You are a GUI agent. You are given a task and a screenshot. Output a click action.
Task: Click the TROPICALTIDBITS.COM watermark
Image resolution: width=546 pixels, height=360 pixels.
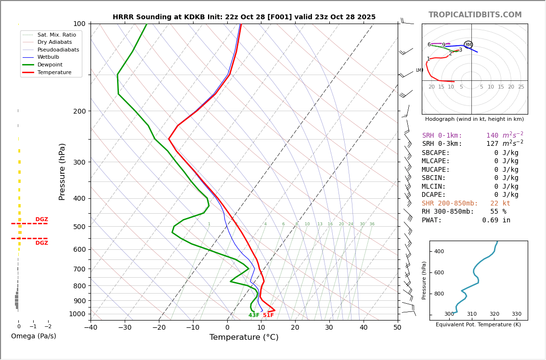point(475,15)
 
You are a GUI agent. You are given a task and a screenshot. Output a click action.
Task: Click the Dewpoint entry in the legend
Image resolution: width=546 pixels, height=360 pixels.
point(50,64)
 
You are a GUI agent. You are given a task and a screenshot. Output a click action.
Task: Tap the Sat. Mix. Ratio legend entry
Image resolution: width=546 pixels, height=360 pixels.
point(56,35)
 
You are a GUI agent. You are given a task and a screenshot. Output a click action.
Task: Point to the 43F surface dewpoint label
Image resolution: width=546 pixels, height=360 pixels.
point(254,315)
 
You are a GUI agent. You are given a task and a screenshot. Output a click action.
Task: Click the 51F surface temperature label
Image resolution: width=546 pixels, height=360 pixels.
point(268,315)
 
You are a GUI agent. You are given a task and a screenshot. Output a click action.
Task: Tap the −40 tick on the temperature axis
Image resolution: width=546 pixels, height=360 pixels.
point(91,328)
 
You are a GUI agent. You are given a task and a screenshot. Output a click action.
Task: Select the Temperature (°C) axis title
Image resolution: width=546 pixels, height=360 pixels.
point(244,337)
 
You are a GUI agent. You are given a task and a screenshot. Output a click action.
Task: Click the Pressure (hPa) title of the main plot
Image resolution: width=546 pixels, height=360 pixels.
point(62,171)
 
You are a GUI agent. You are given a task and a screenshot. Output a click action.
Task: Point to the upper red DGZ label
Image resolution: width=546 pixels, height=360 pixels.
point(41,219)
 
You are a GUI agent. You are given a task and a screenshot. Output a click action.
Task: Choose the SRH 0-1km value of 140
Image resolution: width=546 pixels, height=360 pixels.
point(492,136)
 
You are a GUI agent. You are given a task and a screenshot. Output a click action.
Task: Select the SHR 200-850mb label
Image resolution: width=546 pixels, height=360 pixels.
point(450,203)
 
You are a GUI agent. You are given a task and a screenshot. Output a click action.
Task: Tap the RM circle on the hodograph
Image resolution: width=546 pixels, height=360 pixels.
point(468,45)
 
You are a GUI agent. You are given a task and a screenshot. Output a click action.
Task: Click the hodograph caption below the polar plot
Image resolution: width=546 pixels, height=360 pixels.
point(474,119)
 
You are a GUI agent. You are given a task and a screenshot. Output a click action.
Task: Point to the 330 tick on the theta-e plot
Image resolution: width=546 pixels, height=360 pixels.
point(516,314)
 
